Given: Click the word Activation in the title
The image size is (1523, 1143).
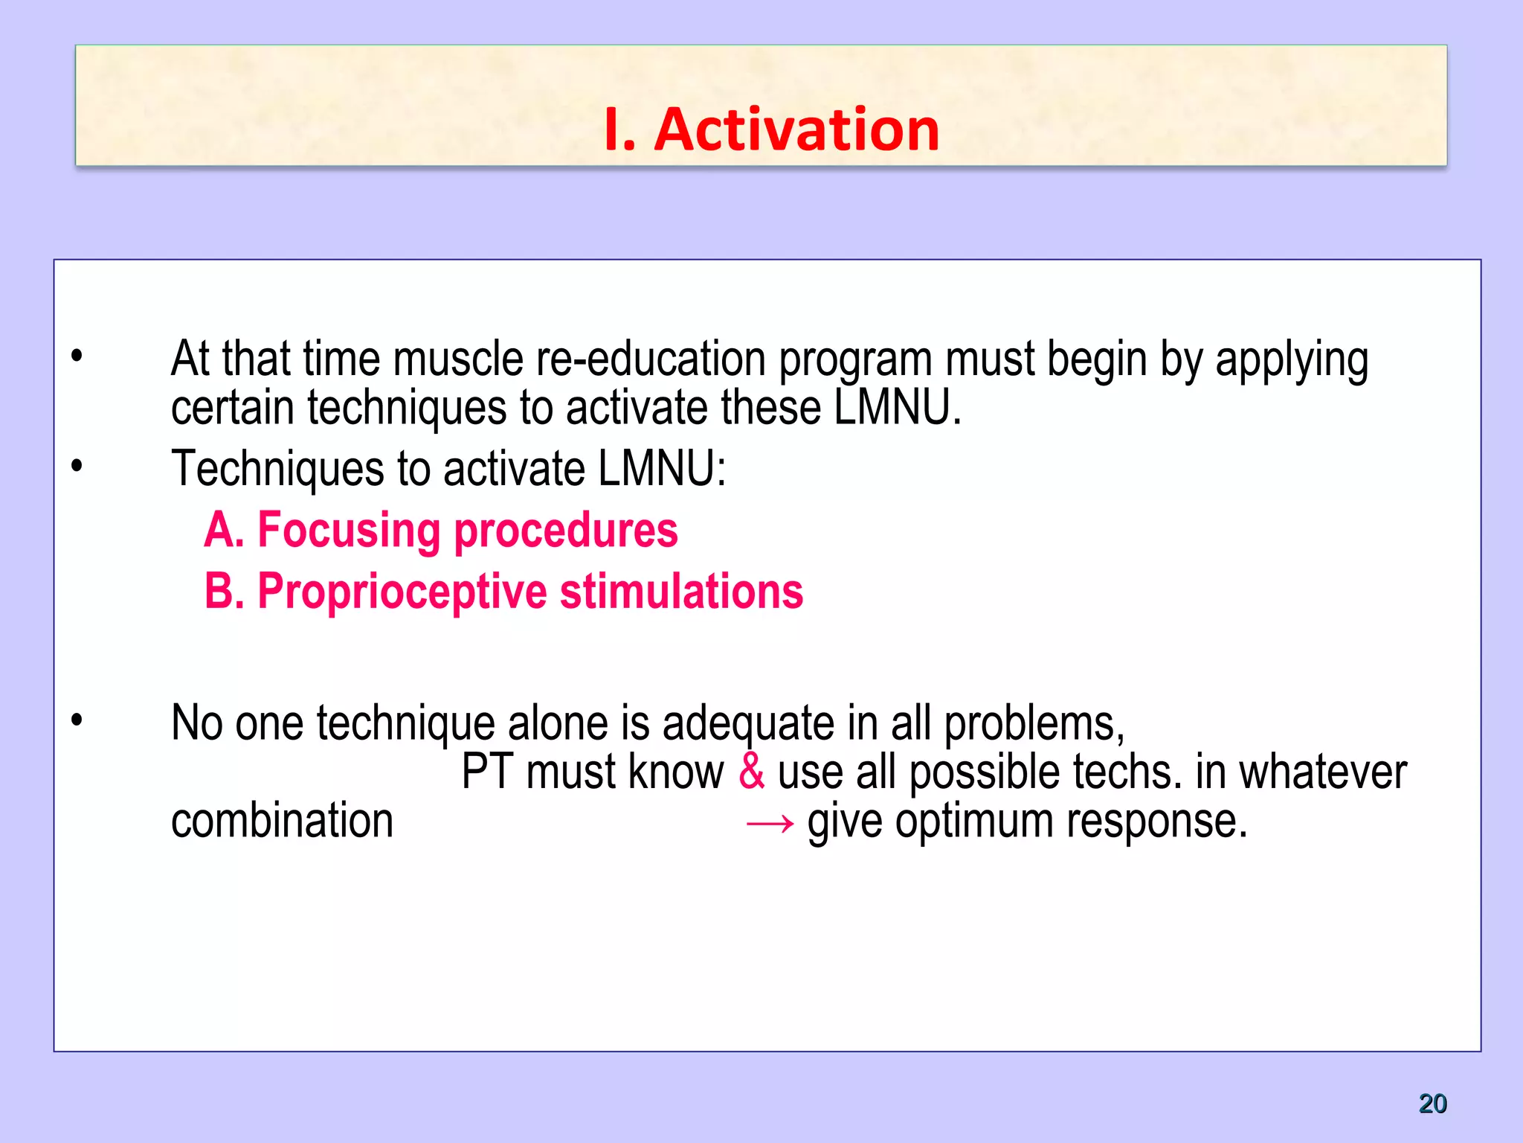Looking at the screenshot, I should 796,129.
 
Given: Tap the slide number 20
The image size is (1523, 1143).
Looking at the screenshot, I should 1432,1103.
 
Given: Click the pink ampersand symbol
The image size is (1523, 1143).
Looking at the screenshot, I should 751,772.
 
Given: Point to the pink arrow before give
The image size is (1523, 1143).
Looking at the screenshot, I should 770,823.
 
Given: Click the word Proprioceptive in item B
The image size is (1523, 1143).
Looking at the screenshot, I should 402,592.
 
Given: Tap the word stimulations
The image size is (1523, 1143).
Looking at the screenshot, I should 681,592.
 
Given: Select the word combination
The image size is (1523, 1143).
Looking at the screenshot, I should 282,821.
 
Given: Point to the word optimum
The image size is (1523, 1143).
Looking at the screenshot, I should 974,821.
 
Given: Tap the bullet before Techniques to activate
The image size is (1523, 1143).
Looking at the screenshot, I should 77,467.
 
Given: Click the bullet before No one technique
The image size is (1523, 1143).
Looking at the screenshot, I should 77,720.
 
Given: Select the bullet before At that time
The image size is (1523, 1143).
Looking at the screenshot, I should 77,356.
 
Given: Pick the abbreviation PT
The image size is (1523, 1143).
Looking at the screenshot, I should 487,772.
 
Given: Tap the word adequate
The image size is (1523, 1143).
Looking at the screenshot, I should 748,723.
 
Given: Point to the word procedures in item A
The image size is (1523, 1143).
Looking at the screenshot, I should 565,531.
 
